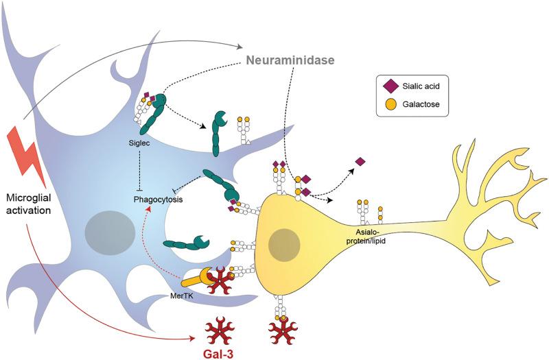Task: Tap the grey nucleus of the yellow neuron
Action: [283, 245]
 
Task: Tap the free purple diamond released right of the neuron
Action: [360, 162]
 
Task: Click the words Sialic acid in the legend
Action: [421, 88]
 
